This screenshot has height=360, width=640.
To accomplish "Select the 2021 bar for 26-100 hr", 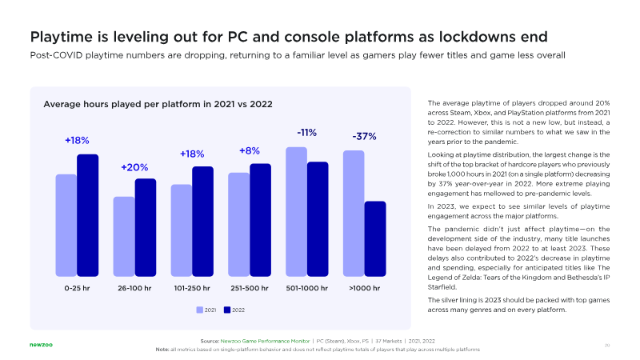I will (124, 236).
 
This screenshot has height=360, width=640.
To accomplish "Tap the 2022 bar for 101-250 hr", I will (202, 221).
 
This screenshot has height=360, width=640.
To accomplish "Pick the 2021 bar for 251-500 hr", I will (238, 223).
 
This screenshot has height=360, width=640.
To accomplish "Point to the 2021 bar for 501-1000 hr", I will (296, 211).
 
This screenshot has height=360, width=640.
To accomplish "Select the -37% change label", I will (365, 137).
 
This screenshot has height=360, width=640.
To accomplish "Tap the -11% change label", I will (307, 133).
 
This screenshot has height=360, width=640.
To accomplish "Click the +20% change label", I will (134, 167).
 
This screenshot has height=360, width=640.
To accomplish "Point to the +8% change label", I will (250, 150).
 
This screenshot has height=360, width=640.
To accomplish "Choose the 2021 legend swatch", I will (200, 309).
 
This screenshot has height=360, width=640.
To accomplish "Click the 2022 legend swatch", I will (227, 309).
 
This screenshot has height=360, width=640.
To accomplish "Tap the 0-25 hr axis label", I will (77, 287).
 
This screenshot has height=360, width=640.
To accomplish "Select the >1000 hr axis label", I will (365, 287).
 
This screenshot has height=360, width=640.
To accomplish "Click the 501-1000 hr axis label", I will (307, 287).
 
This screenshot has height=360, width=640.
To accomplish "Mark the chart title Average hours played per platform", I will (158, 104).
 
